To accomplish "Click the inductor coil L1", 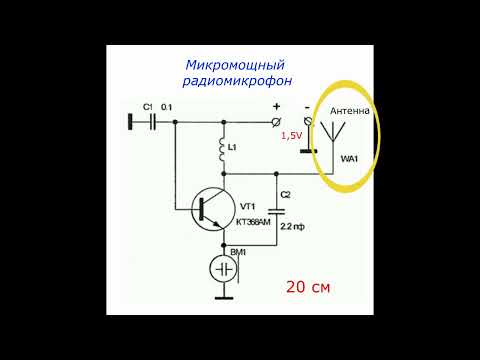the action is pyautogui.click(x=223, y=151).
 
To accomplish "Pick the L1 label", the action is pyautogui.click(x=233, y=148).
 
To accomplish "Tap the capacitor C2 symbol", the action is pyautogui.click(x=285, y=211).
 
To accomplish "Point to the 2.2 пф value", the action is pyautogui.click(x=293, y=228).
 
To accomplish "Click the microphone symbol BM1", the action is pyautogui.click(x=222, y=269).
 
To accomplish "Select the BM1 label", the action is pyautogui.click(x=238, y=254).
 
